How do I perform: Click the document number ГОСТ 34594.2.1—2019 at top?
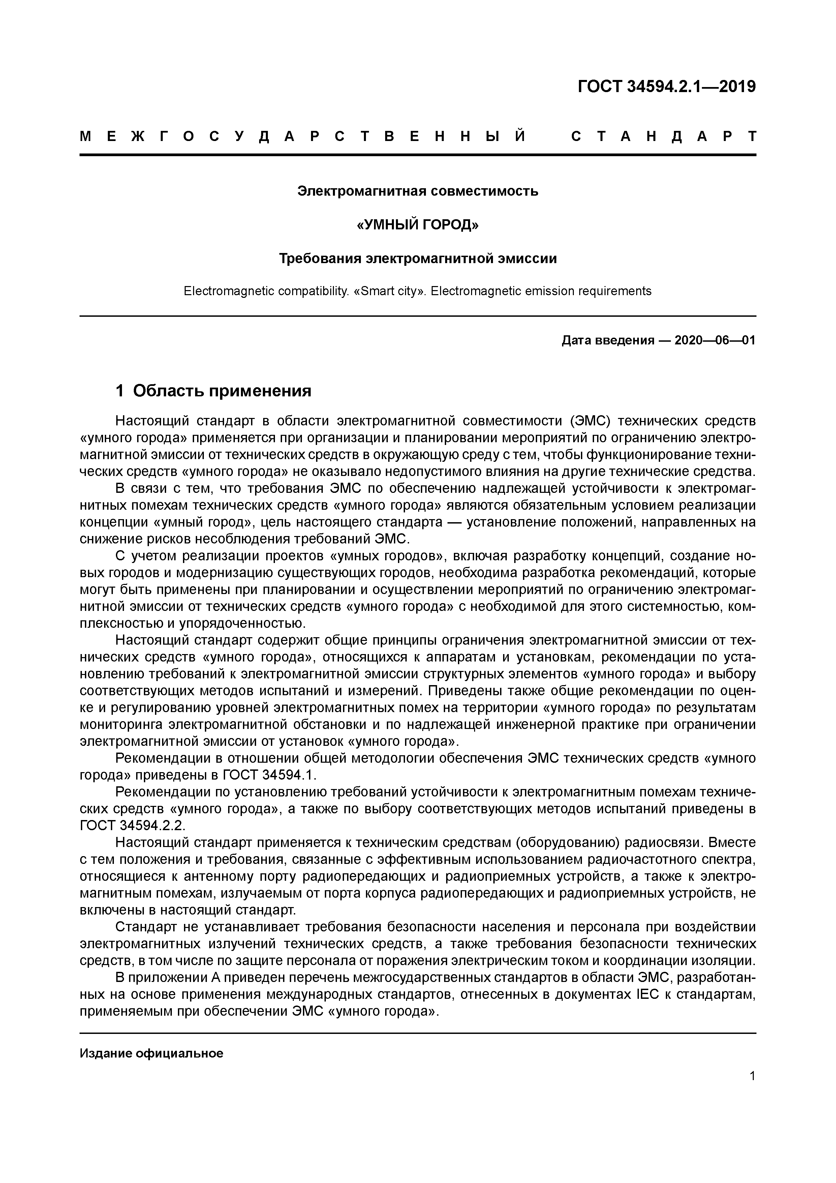point(667,87)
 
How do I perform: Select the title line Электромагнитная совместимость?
point(418,191)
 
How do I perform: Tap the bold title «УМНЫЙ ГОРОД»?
point(418,225)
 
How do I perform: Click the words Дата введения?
point(608,341)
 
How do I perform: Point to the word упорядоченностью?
point(242,623)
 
